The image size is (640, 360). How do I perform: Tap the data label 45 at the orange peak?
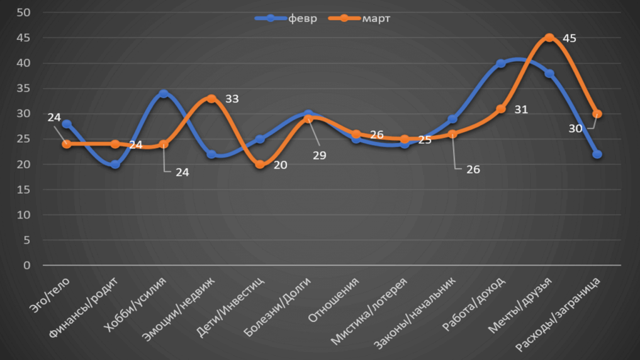(569, 38)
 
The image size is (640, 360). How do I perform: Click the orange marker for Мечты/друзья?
(549, 37)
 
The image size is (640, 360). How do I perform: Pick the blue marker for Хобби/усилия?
(163, 94)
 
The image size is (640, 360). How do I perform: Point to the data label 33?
(231, 99)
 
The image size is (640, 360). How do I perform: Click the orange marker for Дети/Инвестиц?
(259, 164)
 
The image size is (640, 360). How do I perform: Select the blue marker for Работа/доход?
(501, 63)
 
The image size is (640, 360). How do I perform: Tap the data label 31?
(521, 110)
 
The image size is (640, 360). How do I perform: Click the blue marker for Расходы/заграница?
(597, 154)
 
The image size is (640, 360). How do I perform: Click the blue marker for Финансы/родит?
(115, 164)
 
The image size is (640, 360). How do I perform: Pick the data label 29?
(319, 156)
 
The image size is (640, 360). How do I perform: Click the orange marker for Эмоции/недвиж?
(211, 99)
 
